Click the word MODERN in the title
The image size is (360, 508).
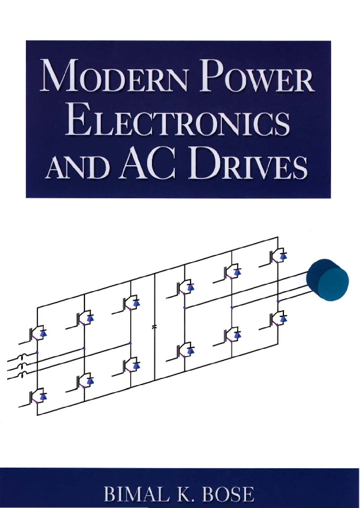point(113,76)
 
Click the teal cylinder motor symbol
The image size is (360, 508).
point(327,280)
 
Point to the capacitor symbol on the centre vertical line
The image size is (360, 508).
point(154,327)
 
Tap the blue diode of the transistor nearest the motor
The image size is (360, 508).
point(284,256)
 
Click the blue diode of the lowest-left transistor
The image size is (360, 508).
point(43,396)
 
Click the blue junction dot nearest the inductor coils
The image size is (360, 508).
point(37,353)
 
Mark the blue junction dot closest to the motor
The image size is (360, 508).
point(278,301)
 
